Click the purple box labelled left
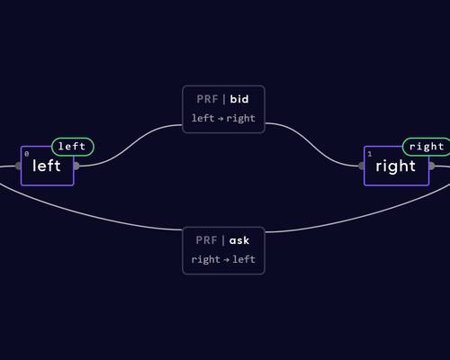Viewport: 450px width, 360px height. click(x=48, y=166)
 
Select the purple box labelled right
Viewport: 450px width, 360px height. click(x=396, y=166)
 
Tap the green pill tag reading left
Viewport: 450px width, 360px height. click(x=73, y=147)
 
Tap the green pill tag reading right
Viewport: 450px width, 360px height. click(x=427, y=147)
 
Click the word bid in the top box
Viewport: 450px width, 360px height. click(x=239, y=99)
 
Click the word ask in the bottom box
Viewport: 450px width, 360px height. click(x=239, y=240)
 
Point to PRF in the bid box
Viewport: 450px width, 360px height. click(x=207, y=99)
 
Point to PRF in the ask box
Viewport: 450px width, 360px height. click(x=206, y=240)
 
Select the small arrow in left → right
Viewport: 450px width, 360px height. click(x=220, y=119)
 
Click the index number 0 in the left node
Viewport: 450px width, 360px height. click(x=27, y=154)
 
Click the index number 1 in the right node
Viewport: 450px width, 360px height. click(x=370, y=154)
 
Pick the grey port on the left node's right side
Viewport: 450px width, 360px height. click(x=76, y=166)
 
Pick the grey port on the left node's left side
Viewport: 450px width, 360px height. click(x=18, y=166)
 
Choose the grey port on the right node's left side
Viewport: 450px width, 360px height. click(x=362, y=166)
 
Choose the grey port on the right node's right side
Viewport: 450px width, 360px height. click(x=432, y=166)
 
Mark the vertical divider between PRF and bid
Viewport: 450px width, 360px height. click(x=224, y=99)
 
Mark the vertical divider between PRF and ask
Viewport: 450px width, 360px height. click(x=223, y=240)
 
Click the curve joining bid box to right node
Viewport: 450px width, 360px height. click(x=312, y=145)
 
